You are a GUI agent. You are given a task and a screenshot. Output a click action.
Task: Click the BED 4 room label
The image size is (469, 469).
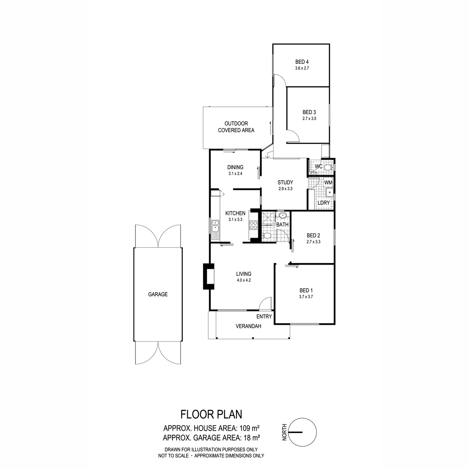tap(302, 62)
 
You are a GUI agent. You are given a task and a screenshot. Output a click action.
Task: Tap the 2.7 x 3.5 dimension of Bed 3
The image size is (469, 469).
tap(309, 119)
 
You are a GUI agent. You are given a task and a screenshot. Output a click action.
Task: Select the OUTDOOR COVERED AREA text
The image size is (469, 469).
tap(236, 127)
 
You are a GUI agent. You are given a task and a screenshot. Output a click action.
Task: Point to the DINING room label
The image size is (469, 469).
tap(235, 167)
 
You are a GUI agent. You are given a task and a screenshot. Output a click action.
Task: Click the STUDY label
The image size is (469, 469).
tap(285, 182)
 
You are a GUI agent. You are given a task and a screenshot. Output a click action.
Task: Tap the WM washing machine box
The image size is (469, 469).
tap(328, 182)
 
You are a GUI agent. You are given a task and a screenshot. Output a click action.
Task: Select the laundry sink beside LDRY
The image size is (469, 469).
tap(329, 192)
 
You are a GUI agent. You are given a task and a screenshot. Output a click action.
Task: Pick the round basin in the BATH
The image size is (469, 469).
tap(282, 215)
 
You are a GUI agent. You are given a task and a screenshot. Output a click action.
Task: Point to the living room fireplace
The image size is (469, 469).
tap(209, 276)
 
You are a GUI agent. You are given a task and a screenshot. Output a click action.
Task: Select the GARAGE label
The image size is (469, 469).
tap(158, 294)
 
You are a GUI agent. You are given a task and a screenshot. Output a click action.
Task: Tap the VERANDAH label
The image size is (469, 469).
tap(248, 326)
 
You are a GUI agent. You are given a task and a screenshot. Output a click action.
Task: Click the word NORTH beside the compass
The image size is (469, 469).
tap(285, 432)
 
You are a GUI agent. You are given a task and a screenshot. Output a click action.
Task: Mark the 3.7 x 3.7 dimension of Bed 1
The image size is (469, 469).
tap(306, 297)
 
